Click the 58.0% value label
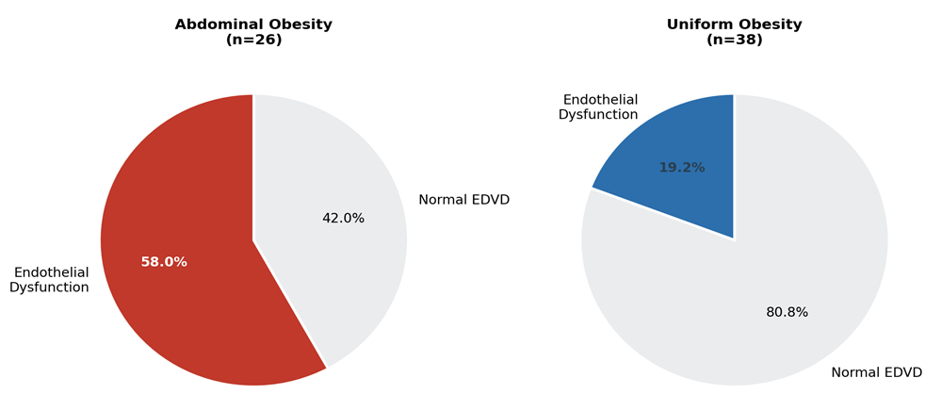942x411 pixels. point(164,262)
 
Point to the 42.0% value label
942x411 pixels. point(344,218)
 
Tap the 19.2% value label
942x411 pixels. point(682,168)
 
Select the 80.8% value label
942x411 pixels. point(787,312)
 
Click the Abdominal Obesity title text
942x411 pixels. point(253,25)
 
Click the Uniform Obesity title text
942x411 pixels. point(734,25)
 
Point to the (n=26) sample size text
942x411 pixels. point(253,41)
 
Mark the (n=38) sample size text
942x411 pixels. point(734,41)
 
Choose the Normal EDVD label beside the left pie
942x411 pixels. point(463,200)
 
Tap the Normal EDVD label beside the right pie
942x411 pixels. point(876,372)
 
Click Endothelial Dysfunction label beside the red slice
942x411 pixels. point(50,279)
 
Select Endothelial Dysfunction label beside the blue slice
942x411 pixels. point(598,107)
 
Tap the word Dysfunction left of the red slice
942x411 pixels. point(50,288)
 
